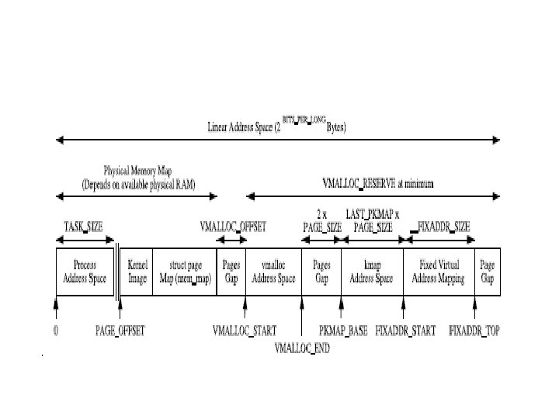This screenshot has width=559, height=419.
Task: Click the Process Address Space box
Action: (x=85, y=272)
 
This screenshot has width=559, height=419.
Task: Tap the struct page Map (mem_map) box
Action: (x=184, y=272)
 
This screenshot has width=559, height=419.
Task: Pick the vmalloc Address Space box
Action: (x=273, y=272)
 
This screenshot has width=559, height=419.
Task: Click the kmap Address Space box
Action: (x=371, y=272)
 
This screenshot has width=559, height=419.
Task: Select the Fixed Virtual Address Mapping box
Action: (x=439, y=272)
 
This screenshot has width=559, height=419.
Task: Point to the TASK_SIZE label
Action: (x=83, y=227)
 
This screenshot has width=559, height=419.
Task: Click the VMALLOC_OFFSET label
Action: (x=233, y=227)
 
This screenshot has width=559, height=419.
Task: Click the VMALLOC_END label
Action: (x=302, y=348)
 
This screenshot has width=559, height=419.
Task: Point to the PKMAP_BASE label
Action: (x=344, y=331)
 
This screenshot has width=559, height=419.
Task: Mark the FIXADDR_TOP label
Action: (x=474, y=331)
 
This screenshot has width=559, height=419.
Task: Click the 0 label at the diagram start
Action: (x=56, y=331)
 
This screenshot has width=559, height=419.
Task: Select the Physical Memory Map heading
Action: (x=139, y=177)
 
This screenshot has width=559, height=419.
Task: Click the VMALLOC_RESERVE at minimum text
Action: (x=378, y=183)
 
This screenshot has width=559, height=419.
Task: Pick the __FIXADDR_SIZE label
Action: (x=440, y=227)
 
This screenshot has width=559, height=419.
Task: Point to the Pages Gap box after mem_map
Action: (x=231, y=272)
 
